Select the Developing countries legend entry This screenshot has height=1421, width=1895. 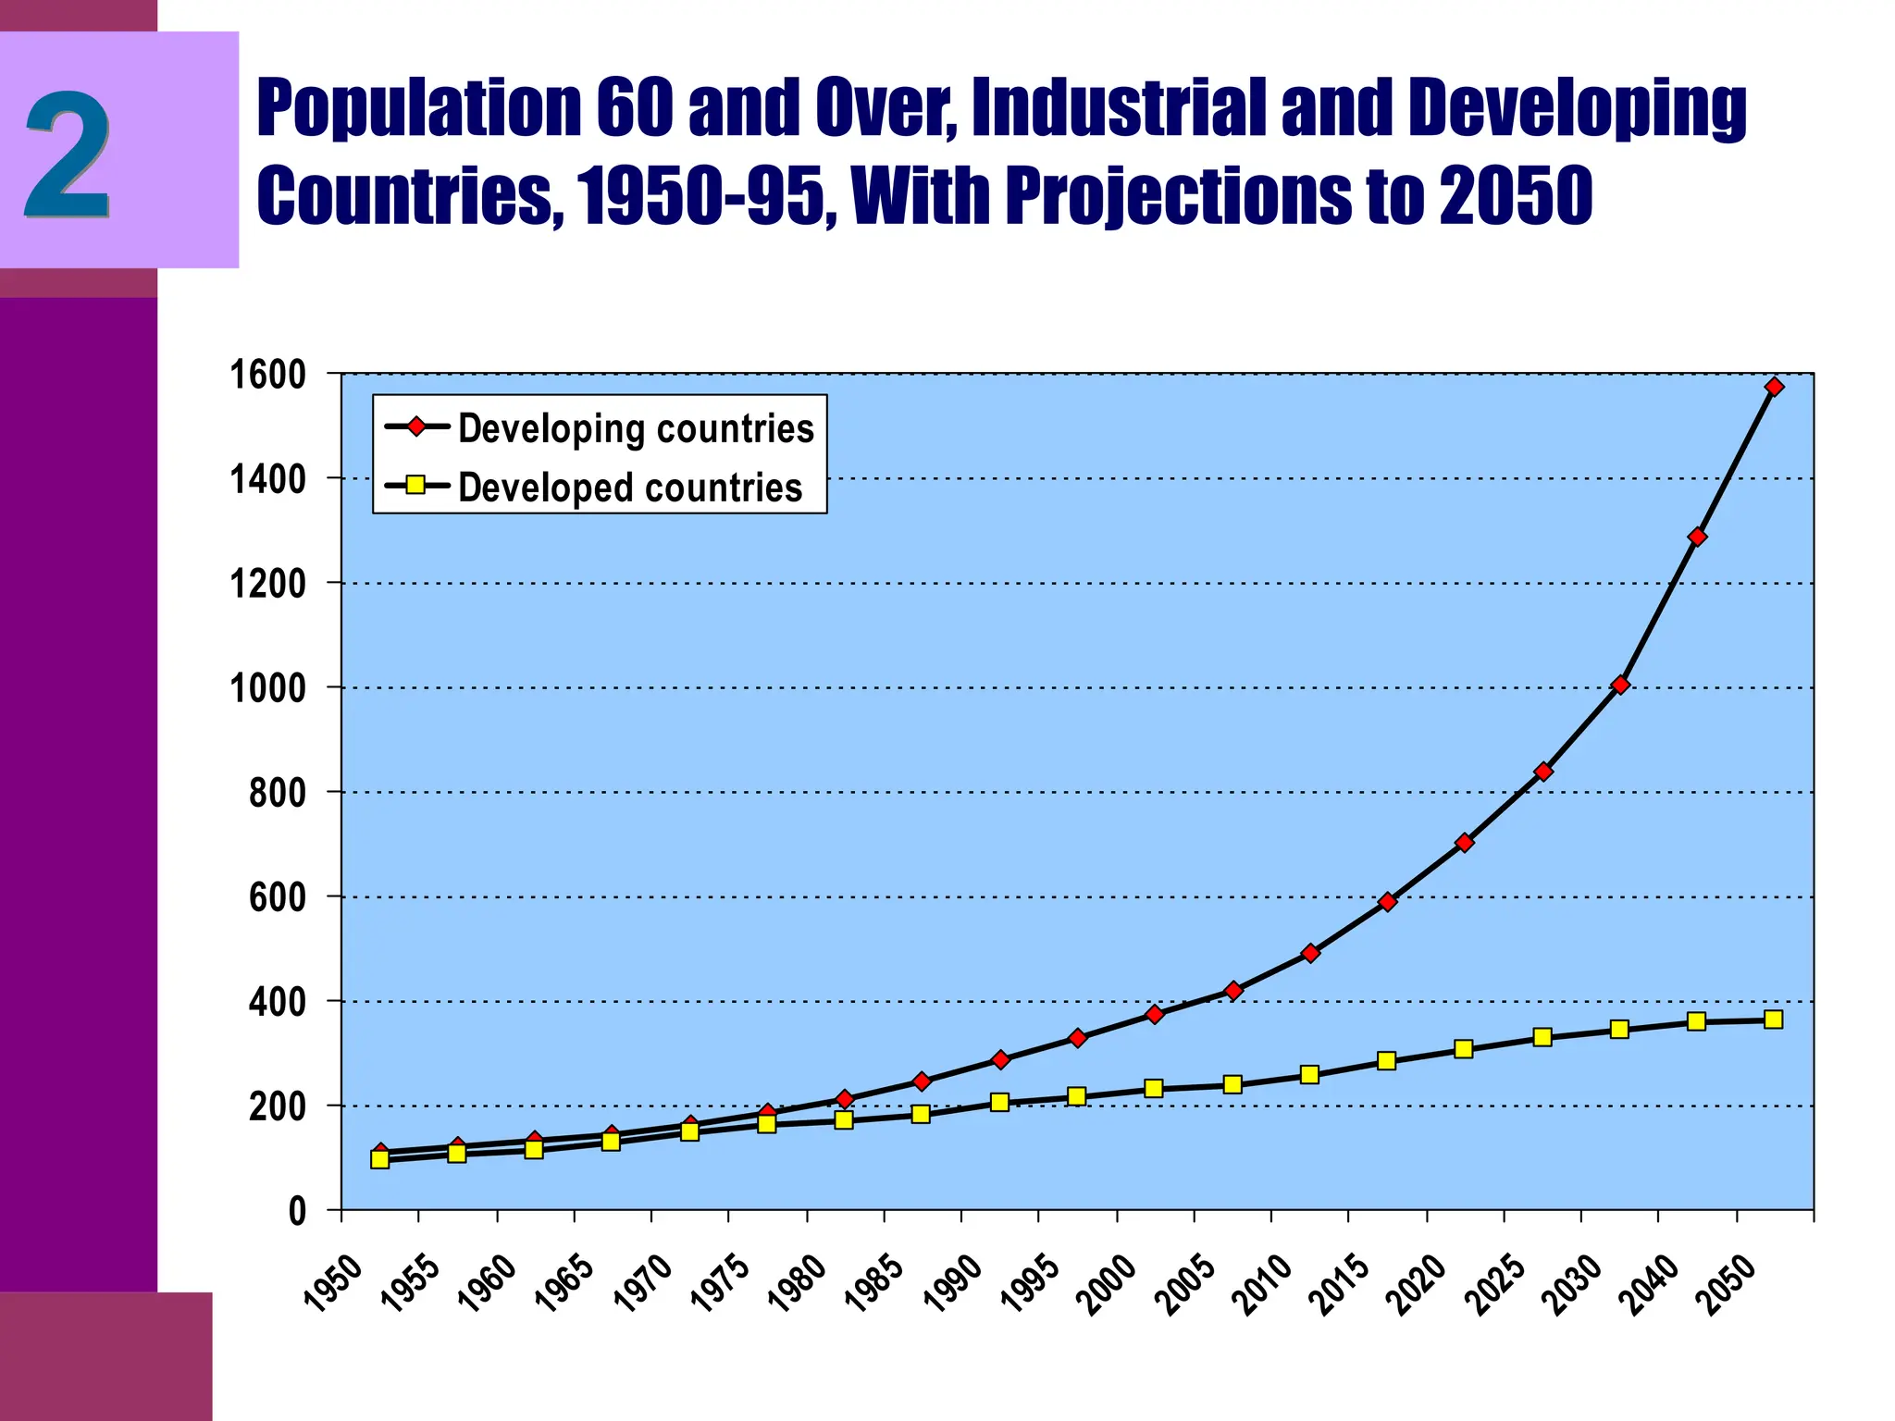tap(635, 428)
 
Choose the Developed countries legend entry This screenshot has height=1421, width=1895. tap(629, 488)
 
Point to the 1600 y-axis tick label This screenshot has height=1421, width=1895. tap(267, 375)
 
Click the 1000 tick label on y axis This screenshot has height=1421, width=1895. tap(267, 688)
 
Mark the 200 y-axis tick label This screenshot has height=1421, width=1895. tap(277, 1106)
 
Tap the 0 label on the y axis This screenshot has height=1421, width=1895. tap(297, 1211)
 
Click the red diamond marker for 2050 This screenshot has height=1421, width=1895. tap(1774, 387)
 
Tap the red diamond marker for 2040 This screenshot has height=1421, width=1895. tap(1697, 537)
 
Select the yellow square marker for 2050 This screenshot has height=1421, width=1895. tap(1773, 1019)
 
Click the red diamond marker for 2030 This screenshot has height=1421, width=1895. tap(1619, 685)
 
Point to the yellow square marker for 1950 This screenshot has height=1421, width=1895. tap(379, 1159)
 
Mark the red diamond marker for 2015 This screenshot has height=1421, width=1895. tap(1386, 902)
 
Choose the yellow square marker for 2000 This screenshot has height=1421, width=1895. tap(1154, 1089)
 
